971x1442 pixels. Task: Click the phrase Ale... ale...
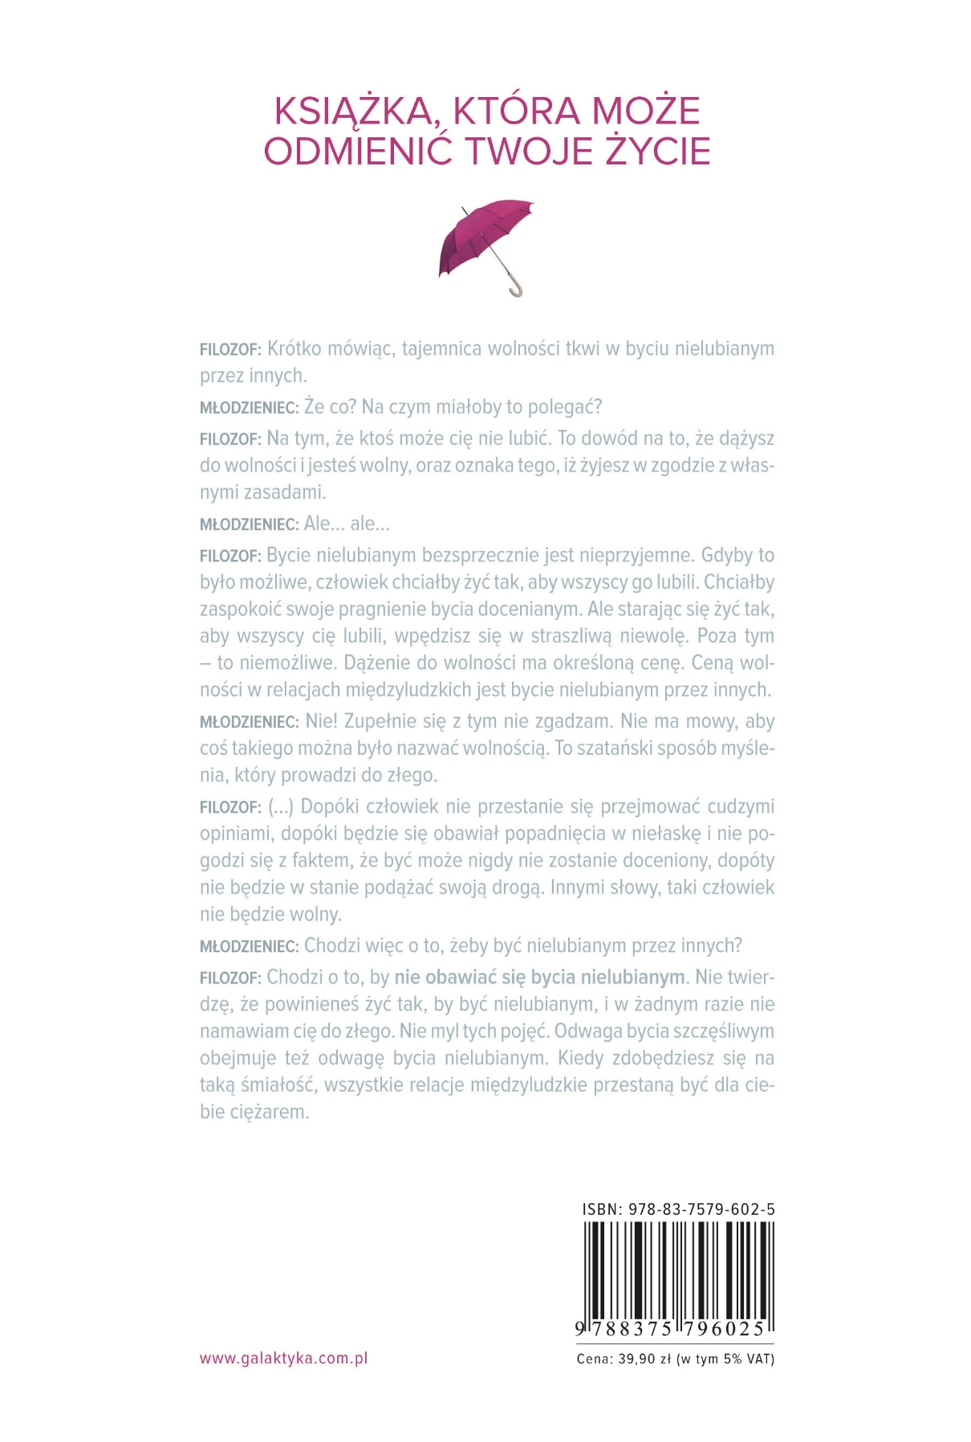[347, 525]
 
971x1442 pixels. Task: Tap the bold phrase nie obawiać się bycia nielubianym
[540, 978]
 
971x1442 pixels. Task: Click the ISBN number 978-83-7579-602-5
[702, 1209]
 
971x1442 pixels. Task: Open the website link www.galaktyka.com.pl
[283, 1358]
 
